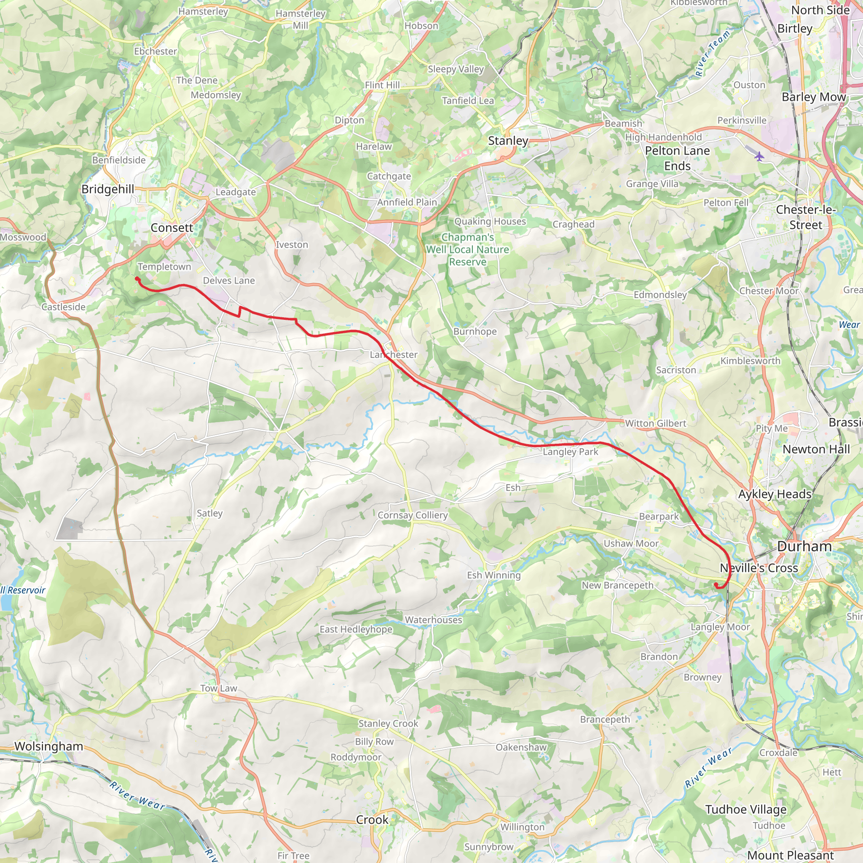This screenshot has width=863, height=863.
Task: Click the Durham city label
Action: [804, 546]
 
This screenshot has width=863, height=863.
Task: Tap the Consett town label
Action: [172, 228]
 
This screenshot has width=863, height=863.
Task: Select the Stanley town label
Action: [508, 141]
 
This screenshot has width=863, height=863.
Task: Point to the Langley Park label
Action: [571, 452]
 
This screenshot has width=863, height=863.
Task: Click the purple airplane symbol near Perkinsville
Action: [759, 156]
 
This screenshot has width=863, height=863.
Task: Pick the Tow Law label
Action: [218, 689]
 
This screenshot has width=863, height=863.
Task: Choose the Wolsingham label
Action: [49, 746]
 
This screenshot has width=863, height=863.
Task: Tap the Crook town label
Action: [372, 820]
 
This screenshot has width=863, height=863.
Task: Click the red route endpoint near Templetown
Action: [137, 279]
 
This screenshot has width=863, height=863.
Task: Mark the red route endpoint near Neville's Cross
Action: [716, 584]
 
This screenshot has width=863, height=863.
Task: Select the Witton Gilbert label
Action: [655, 423]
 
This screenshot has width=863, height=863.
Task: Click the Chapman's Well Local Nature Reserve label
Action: [467, 249]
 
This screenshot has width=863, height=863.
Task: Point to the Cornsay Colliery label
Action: [412, 515]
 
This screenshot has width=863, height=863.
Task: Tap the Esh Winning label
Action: [493, 575]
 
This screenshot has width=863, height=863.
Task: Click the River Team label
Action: [712, 53]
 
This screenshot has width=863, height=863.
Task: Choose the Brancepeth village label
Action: [605, 719]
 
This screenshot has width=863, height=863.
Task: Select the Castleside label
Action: [64, 307]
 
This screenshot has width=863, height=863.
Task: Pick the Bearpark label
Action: [659, 516]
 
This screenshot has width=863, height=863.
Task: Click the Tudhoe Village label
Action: [745, 809]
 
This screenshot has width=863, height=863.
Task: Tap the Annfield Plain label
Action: [407, 202]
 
